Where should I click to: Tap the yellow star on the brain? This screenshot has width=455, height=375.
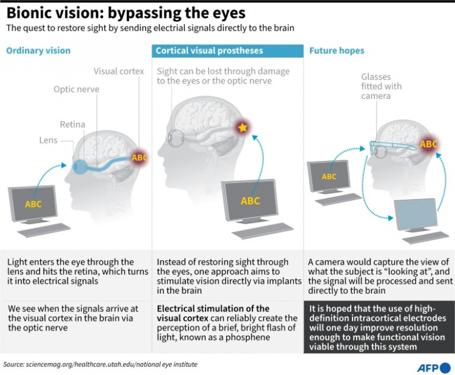pyautogui.click(x=243, y=128)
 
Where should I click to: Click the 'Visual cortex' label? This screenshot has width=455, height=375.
pyautogui.click(x=119, y=71)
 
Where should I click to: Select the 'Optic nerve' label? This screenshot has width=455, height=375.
pyautogui.click(x=77, y=89)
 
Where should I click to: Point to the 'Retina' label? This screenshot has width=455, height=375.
pyautogui.click(x=73, y=124)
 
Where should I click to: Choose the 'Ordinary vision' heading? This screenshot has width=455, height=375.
pyautogui.click(x=38, y=51)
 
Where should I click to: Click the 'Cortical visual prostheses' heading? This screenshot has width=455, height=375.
pyautogui.click(x=209, y=51)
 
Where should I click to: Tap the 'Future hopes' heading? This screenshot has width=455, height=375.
pyautogui.click(x=336, y=51)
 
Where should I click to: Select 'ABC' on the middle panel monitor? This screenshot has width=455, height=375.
pyautogui.click(x=250, y=201)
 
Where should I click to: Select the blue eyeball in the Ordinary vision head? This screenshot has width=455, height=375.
pyautogui.click(x=80, y=165)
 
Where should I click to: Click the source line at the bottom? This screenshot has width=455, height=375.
pyautogui.click(x=96, y=364)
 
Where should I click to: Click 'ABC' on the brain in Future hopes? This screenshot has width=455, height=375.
pyautogui.click(x=428, y=144)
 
